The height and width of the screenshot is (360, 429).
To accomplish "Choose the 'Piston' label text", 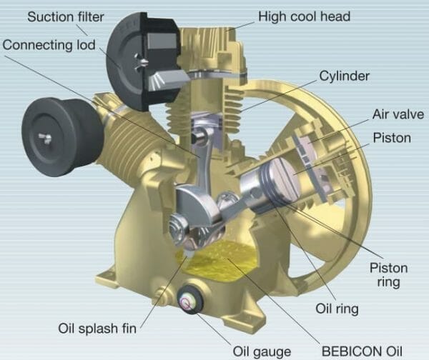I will [x=390, y=137].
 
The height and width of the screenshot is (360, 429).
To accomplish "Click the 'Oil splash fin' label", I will [x=97, y=329].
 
